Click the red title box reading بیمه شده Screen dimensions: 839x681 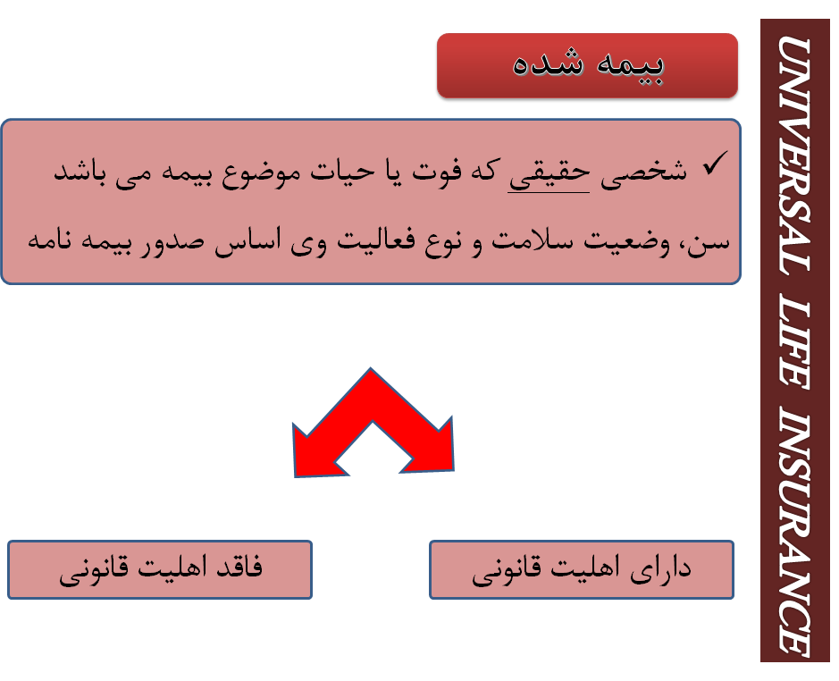coord(587,65)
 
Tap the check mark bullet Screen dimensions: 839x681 coord(715,164)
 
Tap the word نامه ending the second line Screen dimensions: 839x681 coord(50,240)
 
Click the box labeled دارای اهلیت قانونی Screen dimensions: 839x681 coord(581,569)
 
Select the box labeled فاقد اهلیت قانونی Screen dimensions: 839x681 coord(159,569)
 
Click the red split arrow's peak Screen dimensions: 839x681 coord(371,369)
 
